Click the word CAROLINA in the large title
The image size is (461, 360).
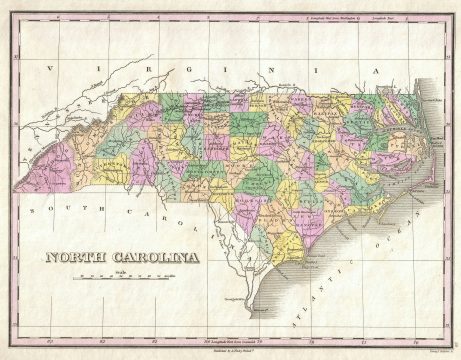pos(150,258)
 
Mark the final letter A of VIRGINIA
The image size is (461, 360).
pos(376,73)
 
